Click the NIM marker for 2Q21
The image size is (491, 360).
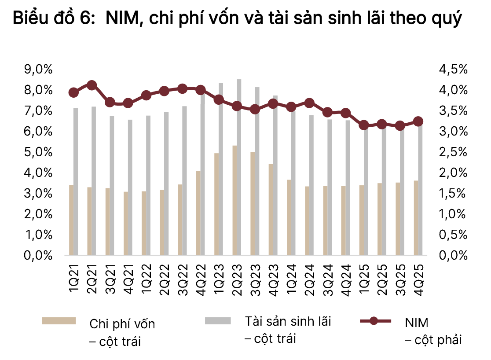pyautogui.click(x=92, y=85)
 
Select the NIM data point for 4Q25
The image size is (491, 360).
pyautogui.click(x=418, y=121)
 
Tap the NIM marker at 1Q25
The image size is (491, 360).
pyautogui.click(x=364, y=125)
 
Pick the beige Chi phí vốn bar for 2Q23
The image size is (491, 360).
pyautogui.click(x=235, y=200)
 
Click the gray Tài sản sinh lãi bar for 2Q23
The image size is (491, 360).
pyautogui.click(x=239, y=167)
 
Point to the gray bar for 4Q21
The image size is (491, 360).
pyautogui.click(x=130, y=187)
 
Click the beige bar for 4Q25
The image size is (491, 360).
pyautogui.click(x=416, y=218)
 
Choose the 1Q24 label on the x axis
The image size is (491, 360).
pyautogui.click(x=292, y=277)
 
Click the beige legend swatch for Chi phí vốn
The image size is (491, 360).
pyautogui.click(x=59, y=321)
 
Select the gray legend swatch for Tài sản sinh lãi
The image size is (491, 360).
pyautogui.click(x=218, y=321)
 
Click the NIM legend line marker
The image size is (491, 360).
pyautogui.click(x=374, y=321)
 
